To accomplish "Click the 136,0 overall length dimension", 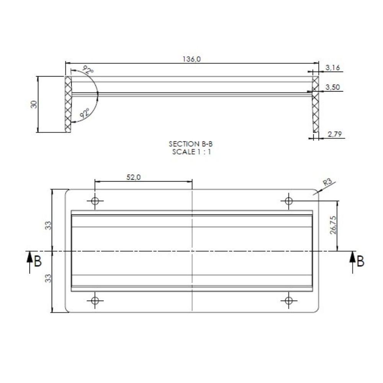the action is [191, 59].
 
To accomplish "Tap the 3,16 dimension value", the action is [332, 67].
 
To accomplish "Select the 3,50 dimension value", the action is [332, 87].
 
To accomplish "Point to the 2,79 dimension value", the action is [335, 134].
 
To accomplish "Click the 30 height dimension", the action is [34, 104].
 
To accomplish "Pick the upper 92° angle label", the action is [88, 70].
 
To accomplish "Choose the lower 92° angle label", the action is [85, 114].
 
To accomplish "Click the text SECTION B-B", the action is [191, 144].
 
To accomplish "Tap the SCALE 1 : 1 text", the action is [191, 152].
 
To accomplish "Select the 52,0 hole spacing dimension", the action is [133, 177].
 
